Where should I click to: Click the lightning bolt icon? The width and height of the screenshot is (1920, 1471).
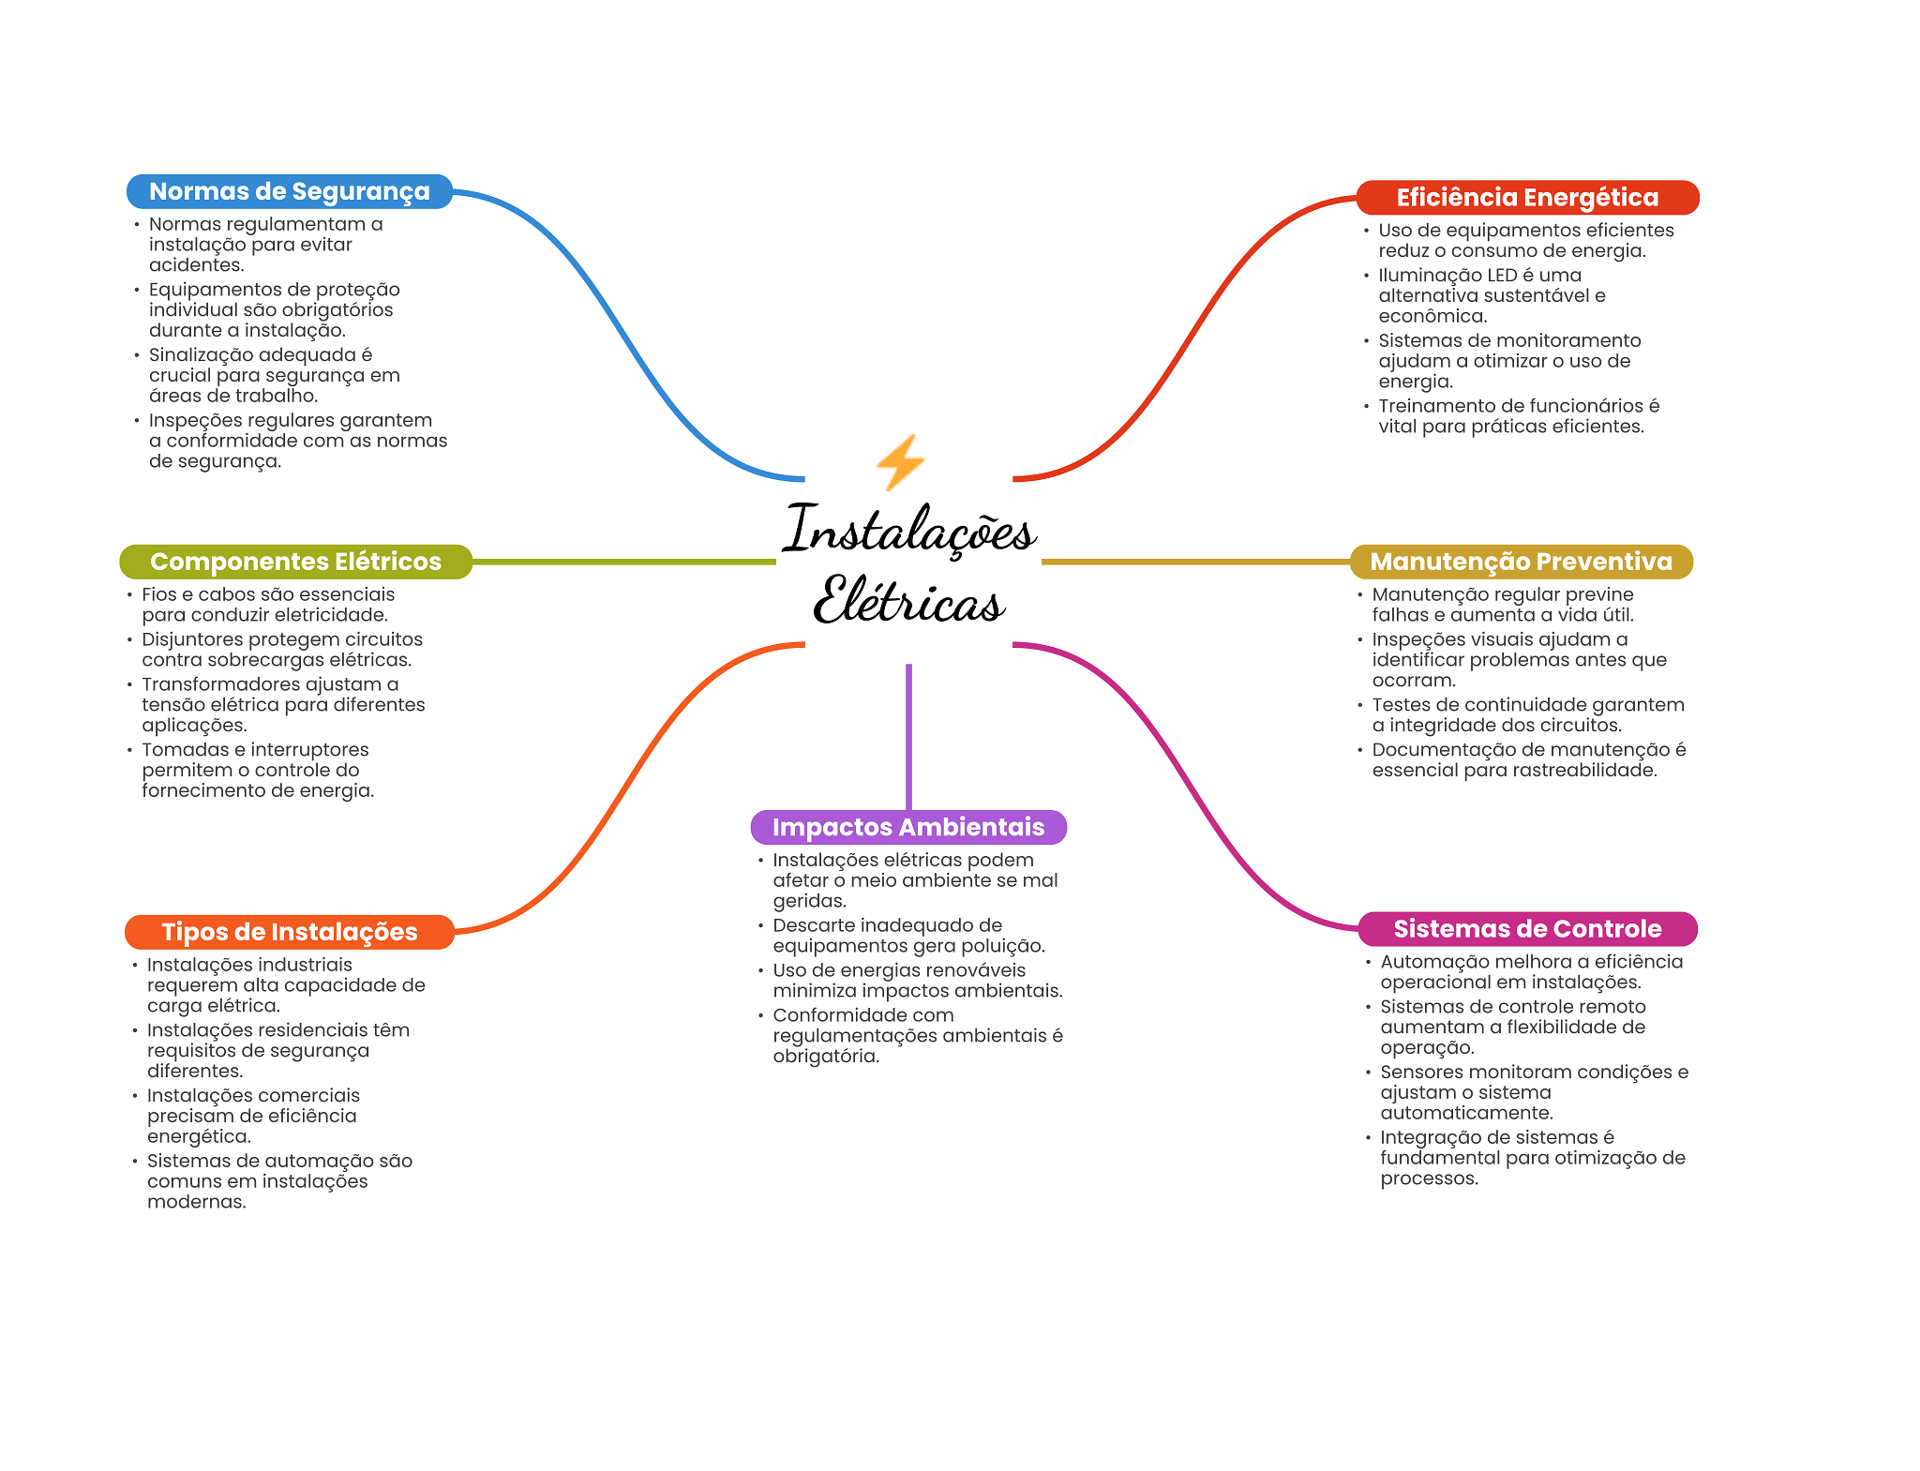[x=900, y=462]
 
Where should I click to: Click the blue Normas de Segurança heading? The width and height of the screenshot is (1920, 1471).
[x=289, y=191]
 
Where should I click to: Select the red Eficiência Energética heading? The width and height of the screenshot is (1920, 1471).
[x=1527, y=198]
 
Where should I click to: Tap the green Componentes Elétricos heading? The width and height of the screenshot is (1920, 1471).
[x=295, y=562]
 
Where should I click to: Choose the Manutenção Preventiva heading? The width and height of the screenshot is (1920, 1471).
[x=1521, y=562]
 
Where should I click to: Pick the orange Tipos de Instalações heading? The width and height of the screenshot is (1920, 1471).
[x=289, y=932]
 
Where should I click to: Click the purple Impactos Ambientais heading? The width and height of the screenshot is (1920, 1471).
[x=907, y=827]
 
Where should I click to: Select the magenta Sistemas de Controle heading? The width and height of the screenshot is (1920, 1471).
[x=1527, y=929]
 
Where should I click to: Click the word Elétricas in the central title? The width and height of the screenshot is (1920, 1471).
[x=908, y=601]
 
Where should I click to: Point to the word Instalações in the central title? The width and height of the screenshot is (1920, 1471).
[x=908, y=531]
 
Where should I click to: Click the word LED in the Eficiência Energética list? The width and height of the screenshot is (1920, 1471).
[x=1501, y=276]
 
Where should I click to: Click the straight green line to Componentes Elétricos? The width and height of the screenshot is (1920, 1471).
[x=623, y=562]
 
